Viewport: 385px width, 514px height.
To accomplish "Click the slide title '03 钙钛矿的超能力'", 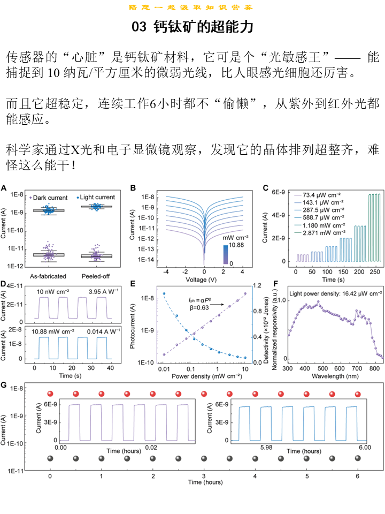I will point(192,27).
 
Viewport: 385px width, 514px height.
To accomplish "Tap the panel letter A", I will point(4,188).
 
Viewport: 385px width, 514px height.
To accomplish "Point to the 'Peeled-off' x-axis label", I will point(96,276).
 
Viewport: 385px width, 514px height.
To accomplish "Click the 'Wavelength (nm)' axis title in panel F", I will point(335,377).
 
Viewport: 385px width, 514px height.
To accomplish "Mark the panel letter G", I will point(4,385).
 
